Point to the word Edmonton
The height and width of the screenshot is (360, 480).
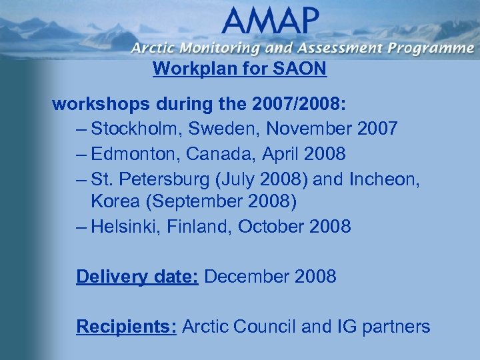click(133, 154)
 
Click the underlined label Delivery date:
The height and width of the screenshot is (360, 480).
click(137, 276)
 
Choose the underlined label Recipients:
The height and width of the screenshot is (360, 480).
click(126, 327)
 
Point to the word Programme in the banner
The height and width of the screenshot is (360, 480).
click(426, 48)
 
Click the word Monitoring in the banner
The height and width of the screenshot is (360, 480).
click(221, 48)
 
